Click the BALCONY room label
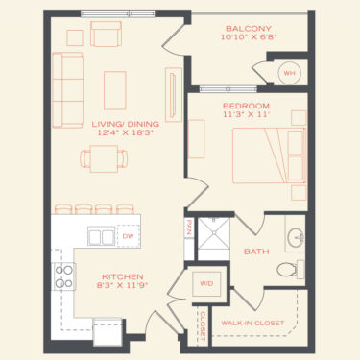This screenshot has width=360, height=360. [x=249, y=29]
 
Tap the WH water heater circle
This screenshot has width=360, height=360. [x=290, y=73]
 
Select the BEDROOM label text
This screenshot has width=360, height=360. [x=246, y=106]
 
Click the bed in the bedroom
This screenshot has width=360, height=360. [x=269, y=156]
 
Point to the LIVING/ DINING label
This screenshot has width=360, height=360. [x=126, y=124]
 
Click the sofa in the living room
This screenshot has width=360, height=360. [x=68, y=90]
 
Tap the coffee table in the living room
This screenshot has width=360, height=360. [x=115, y=90]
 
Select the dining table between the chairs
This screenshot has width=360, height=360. [x=104, y=158]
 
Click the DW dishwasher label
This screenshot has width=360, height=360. [x=128, y=236]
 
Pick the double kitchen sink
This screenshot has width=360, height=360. [x=102, y=236]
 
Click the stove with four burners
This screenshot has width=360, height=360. [x=64, y=276]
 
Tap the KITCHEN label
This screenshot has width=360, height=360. [x=123, y=276]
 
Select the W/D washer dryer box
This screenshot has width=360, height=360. [x=206, y=284]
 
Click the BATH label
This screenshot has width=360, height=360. [x=256, y=252]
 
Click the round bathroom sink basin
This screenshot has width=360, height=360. [x=296, y=238]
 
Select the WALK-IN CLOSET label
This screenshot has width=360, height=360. [x=252, y=323]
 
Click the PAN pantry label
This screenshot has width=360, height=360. [x=189, y=228]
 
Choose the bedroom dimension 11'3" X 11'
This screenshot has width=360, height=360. [x=245, y=114]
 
